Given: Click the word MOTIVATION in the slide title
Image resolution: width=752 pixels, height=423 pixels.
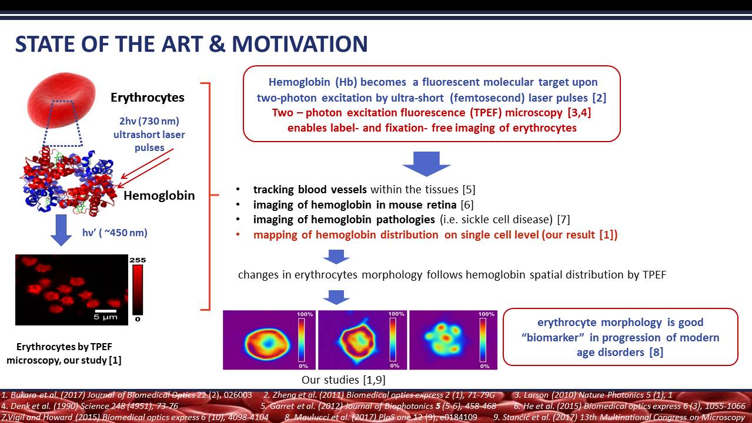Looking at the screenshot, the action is [300, 44].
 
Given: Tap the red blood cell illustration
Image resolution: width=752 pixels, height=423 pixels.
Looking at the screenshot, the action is [61, 100].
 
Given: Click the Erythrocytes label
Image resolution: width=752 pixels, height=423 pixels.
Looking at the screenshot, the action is [148, 98].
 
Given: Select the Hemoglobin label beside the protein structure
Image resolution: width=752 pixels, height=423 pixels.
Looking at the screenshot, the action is [159, 196].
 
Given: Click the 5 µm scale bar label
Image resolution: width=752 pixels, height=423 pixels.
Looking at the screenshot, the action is [105, 317].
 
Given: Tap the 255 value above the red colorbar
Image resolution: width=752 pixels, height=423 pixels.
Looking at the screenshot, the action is [138, 260].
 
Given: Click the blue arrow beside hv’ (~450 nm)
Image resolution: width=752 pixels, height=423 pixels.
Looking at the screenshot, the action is [61, 230].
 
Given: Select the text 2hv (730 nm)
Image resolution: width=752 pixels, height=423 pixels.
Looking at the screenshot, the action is [149, 121].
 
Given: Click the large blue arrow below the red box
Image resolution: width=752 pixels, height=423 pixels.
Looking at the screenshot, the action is [426, 164].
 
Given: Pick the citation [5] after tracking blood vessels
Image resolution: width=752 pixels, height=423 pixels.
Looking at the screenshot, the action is [469, 190].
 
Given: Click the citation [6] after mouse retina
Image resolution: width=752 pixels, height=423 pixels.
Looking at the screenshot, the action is [467, 204].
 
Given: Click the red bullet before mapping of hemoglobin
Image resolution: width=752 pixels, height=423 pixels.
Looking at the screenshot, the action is [238, 234].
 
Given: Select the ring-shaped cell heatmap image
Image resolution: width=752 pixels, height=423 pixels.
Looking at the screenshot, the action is [269, 340].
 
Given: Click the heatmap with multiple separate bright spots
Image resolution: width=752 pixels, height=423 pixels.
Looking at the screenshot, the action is [453, 340].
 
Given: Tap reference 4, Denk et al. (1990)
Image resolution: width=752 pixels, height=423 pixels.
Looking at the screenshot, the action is [89, 406].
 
